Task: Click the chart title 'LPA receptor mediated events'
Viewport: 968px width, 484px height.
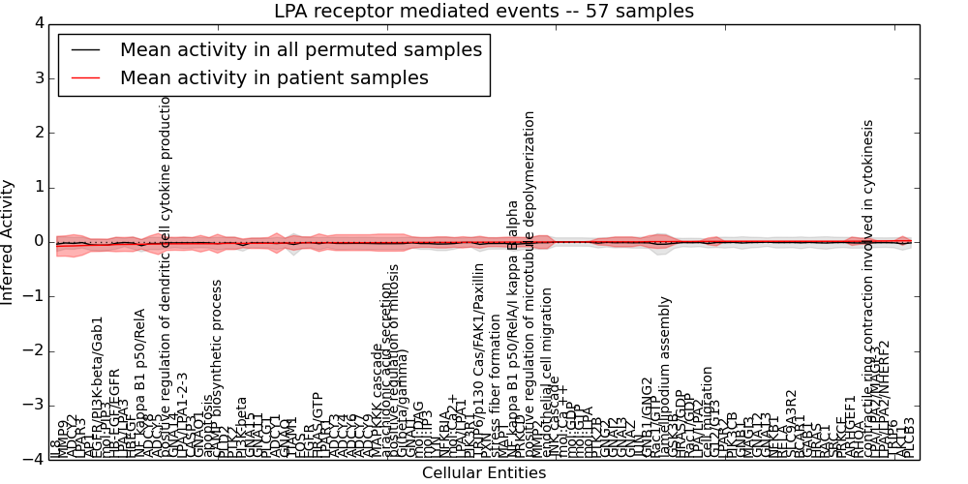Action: click(x=483, y=12)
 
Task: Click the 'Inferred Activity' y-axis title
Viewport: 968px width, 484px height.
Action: click(x=9, y=241)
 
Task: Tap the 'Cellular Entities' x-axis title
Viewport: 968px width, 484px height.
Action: click(x=483, y=473)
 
